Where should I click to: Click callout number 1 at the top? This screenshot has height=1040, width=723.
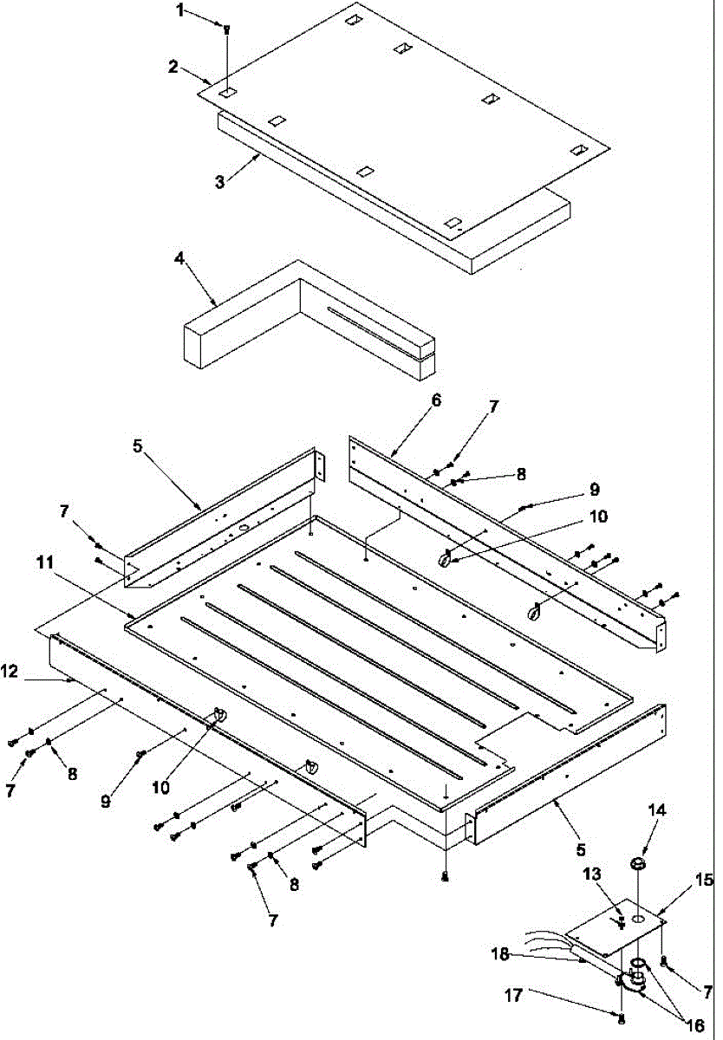(180, 10)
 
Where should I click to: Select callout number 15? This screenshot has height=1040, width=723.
(703, 881)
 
